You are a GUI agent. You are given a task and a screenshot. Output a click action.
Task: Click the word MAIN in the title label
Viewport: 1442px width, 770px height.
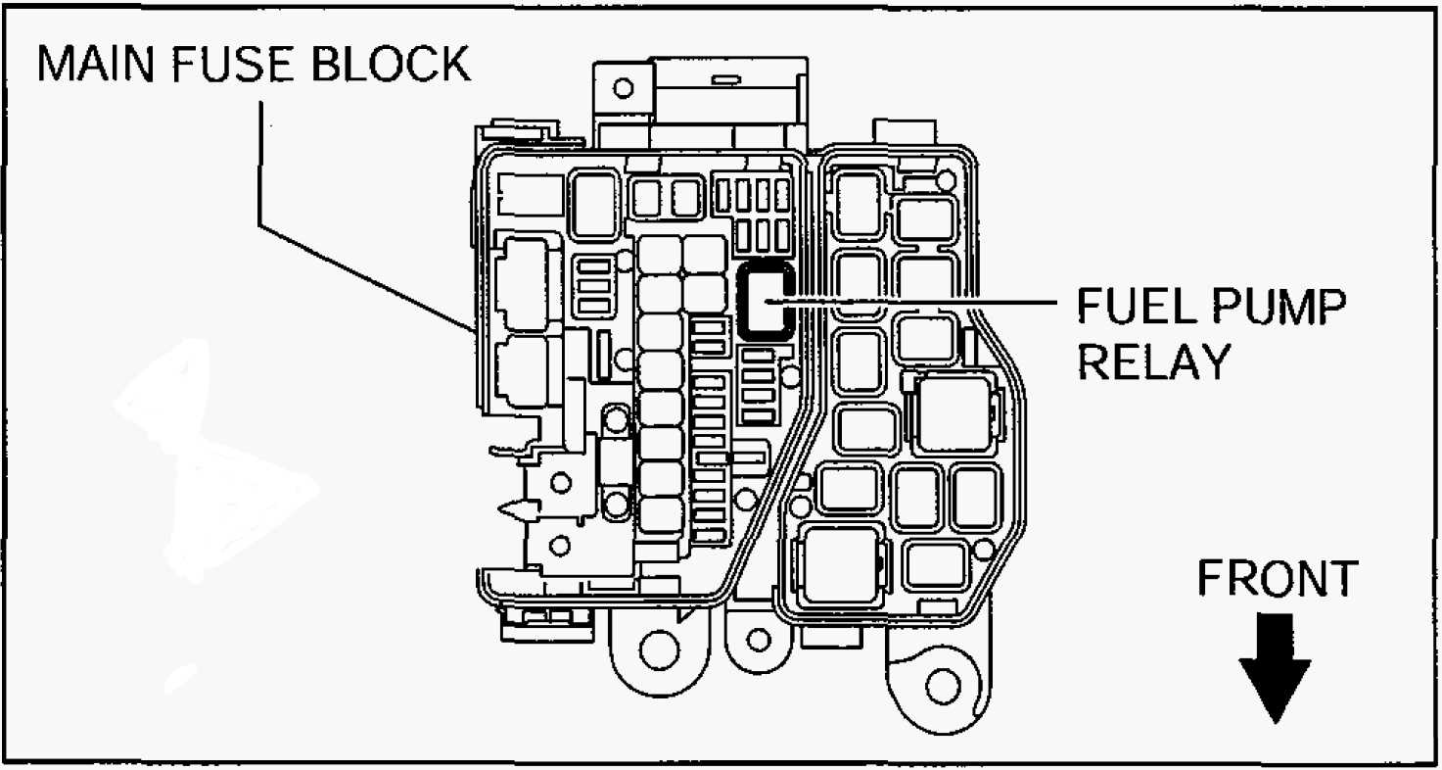(96, 64)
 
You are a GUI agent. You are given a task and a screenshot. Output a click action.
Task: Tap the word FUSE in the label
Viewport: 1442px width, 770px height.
(232, 64)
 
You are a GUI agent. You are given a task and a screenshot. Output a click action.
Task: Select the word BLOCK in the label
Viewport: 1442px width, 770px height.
(391, 64)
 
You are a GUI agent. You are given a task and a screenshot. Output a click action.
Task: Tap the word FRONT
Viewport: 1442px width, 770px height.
(1278, 578)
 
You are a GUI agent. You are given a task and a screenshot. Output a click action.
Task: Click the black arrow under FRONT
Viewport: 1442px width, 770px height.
(1276, 668)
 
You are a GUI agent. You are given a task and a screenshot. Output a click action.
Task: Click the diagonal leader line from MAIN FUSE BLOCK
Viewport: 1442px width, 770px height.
(367, 278)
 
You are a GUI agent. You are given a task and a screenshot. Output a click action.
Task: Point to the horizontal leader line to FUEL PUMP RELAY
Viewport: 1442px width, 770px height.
(910, 301)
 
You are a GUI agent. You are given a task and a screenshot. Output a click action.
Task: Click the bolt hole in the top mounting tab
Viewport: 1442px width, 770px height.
(623, 87)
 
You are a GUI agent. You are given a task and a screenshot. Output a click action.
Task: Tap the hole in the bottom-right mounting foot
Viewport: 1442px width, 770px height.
(943, 686)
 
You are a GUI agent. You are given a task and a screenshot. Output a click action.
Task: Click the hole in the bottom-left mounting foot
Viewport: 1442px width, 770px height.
(659, 650)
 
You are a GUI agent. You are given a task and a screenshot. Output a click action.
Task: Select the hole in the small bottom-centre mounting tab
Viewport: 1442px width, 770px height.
(759, 640)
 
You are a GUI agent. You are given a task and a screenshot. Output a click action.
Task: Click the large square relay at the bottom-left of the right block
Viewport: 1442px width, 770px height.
(841, 565)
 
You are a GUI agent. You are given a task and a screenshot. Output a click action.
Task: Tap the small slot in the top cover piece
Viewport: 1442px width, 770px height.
(726, 80)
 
